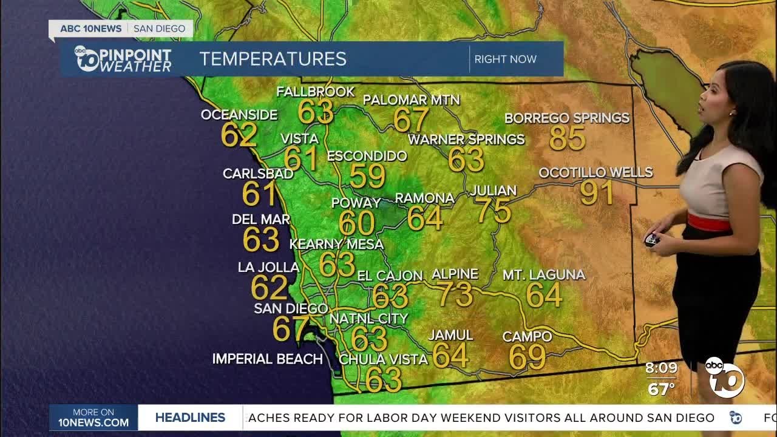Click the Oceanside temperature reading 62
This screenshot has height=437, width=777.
[x=239, y=135]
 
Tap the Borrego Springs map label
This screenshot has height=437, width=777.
[x=567, y=118]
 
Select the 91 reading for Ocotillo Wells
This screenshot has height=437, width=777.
[x=597, y=192]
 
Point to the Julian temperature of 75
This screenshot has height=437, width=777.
[x=494, y=211]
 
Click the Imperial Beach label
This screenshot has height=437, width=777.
[x=267, y=359]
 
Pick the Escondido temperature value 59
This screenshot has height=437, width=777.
[x=367, y=176]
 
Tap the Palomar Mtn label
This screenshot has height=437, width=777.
[x=412, y=100]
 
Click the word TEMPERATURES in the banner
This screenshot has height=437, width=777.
[x=273, y=59]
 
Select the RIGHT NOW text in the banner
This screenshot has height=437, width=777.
[x=505, y=59]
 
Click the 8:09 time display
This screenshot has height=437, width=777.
[x=661, y=368]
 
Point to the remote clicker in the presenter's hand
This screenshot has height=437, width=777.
[x=653, y=240]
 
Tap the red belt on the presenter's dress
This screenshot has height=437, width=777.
[x=708, y=222]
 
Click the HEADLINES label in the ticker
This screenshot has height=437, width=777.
[x=190, y=418]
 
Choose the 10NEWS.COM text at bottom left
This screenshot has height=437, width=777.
[x=93, y=422]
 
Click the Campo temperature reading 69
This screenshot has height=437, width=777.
[x=527, y=357]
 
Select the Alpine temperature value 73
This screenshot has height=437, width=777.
[x=455, y=294]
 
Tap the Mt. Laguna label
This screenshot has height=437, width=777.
[x=544, y=275]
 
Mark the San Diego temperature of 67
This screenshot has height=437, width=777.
[x=290, y=328]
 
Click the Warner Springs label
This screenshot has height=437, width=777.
[x=466, y=139]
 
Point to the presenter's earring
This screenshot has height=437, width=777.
[x=732, y=113]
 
